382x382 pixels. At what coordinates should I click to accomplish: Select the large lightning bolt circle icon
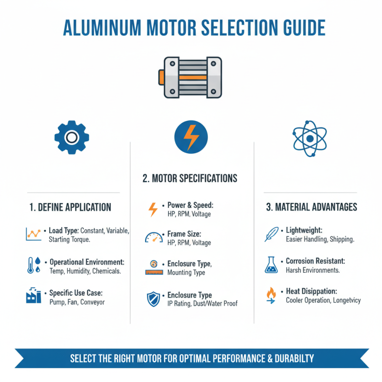click(191, 137)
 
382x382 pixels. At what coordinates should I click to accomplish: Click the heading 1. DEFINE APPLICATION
click(70, 207)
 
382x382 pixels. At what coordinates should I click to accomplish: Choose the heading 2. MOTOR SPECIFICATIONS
click(190, 179)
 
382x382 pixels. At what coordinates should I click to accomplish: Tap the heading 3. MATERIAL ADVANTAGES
click(311, 207)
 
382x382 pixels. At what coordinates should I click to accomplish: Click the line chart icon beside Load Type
click(33, 234)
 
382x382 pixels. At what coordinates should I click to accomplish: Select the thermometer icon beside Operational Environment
click(33, 265)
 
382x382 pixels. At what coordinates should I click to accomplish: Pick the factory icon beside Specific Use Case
click(33, 297)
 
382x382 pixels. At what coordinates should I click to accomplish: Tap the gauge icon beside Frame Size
click(153, 238)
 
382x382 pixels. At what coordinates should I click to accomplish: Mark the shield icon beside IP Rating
click(153, 299)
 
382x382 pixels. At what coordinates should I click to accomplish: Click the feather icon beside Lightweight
click(271, 234)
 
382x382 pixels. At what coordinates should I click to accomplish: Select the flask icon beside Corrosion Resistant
click(271, 265)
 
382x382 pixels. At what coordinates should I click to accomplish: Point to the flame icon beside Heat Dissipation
click(271, 295)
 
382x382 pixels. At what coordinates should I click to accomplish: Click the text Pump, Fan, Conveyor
click(77, 302)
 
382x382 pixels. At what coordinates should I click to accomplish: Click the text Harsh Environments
click(312, 270)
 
